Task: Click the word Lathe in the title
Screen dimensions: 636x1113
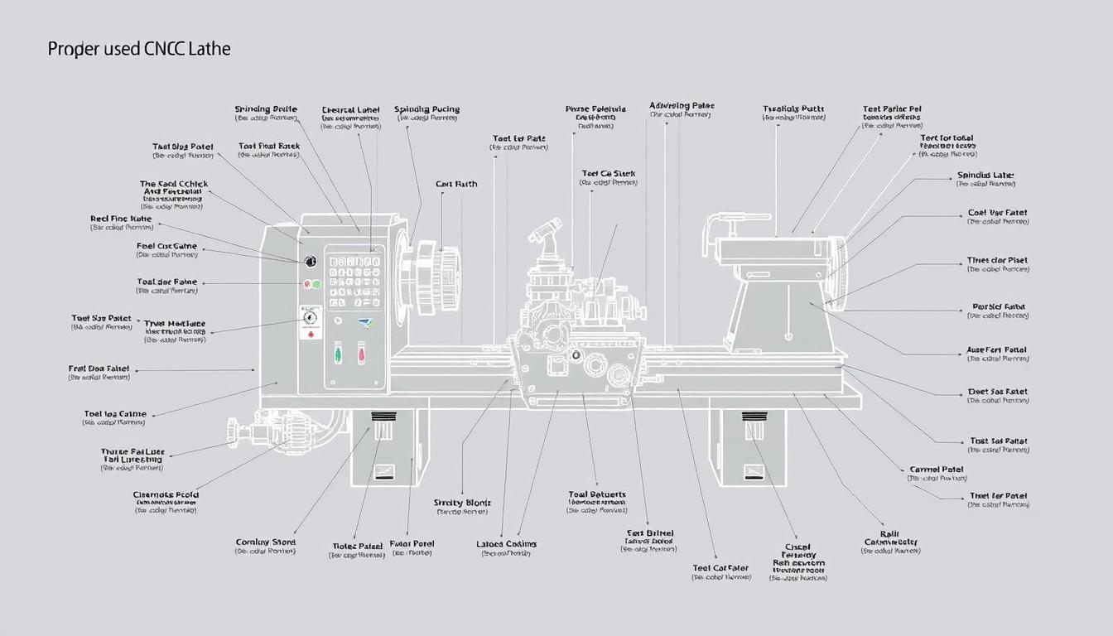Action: click(x=210, y=49)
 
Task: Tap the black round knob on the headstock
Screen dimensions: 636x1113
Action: click(x=311, y=261)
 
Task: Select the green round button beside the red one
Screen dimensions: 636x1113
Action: click(x=316, y=284)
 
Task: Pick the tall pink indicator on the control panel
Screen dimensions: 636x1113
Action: click(x=362, y=354)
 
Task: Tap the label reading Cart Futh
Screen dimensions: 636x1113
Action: click(x=456, y=184)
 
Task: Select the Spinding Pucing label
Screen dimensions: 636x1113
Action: click(x=426, y=109)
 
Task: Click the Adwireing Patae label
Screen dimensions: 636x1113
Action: click(x=682, y=106)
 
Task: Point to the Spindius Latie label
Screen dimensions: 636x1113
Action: click(x=985, y=176)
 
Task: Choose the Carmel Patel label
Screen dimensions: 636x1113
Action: click(x=937, y=470)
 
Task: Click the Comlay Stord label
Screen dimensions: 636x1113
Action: click(x=266, y=542)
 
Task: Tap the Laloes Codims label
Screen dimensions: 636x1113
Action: click(x=507, y=544)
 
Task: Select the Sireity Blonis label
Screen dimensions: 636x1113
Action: click(x=462, y=503)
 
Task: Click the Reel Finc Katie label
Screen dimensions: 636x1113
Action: click(x=121, y=219)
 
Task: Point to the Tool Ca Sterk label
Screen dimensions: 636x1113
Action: click(x=608, y=174)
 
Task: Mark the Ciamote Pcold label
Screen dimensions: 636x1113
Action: click(x=166, y=495)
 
